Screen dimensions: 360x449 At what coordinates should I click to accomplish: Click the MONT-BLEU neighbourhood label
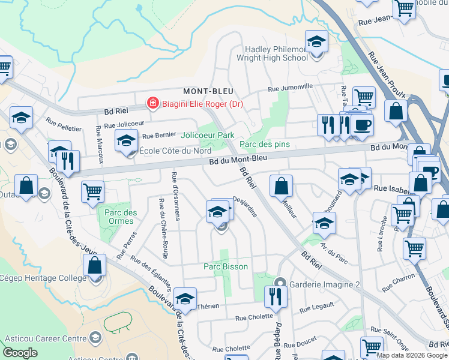pos(208,91)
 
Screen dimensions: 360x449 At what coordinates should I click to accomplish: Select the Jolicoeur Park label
pos(208,136)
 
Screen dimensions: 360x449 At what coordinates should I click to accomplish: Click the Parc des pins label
pos(265,144)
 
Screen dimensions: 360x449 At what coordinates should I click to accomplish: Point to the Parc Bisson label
pos(225,266)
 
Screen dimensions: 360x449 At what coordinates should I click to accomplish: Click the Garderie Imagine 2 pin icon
pos(280,283)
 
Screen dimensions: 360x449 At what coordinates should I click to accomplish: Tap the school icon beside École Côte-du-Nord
pos(126,141)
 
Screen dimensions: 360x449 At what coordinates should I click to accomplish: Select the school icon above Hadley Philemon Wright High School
pos(316,43)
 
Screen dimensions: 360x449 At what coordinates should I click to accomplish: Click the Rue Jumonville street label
pos(291,88)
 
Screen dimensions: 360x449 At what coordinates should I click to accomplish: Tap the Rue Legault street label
pos(316,308)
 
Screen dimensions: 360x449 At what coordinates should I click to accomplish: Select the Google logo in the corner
pos(20,353)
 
